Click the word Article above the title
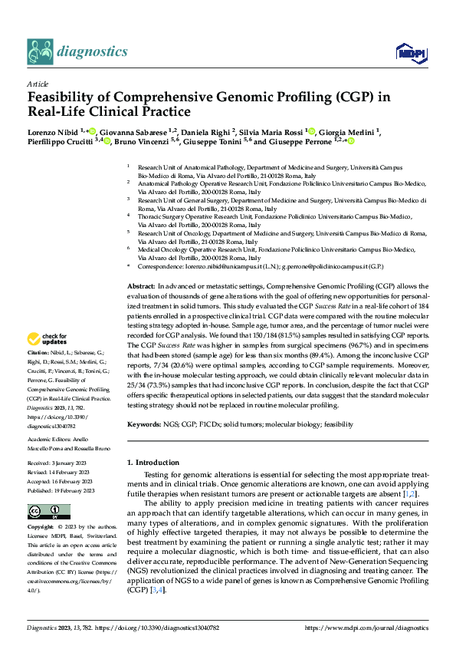38,84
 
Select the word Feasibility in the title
65,97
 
